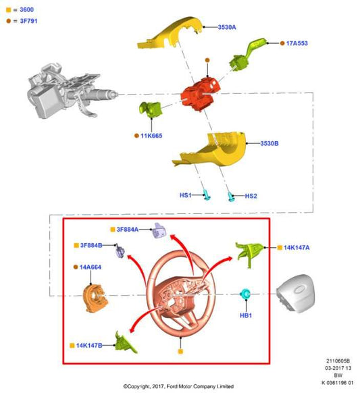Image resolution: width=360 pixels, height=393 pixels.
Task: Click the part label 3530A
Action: click(x=227, y=27)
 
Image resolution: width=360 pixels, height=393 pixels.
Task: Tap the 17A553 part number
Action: click(x=297, y=43)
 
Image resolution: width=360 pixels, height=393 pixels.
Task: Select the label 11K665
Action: click(x=151, y=136)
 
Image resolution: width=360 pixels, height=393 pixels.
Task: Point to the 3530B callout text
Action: click(x=269, y=143)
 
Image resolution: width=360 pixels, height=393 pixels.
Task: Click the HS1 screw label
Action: click(x=186, y=195)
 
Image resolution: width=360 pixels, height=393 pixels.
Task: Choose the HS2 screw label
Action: click(x=251, y=196)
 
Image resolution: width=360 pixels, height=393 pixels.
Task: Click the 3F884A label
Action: click(x=128, y=230)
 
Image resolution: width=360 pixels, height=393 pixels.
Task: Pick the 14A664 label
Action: click(x=91, y=267)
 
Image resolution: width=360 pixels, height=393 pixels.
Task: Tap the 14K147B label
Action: click(x=89, y=345)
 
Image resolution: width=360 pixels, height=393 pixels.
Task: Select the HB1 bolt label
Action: click(x=246, y=315)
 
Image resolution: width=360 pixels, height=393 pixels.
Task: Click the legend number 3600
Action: click(x=26, y=9)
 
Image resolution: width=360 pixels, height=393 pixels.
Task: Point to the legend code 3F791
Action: click(x=28, y=21)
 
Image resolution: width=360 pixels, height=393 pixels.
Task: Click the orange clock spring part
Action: click(x=95, y=298)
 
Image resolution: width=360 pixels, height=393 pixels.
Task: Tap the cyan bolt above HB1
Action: click(x=245, y=294)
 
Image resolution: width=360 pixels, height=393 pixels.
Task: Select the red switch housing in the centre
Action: click(x=201, y=94)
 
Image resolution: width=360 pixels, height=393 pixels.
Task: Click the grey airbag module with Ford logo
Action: click(x=296, y=293)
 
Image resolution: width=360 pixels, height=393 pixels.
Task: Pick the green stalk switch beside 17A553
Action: click(x=247, y=55)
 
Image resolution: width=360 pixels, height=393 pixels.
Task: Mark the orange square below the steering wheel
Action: click(x=180, y=351)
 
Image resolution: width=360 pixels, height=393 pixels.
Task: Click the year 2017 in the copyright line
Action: click(x=157, y=386)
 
